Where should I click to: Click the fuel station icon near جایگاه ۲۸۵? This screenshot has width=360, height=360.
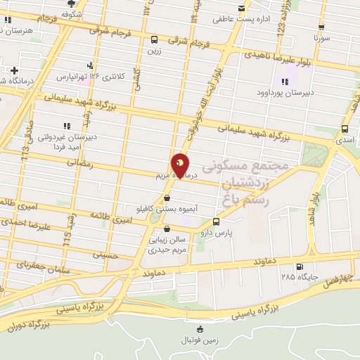point(301,266)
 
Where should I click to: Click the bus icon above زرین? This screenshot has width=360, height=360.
point(154,40)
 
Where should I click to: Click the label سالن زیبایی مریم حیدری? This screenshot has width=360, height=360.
point(166,244)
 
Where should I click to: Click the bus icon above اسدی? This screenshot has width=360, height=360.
point(345,129)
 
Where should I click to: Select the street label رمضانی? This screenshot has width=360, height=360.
point(79,162)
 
